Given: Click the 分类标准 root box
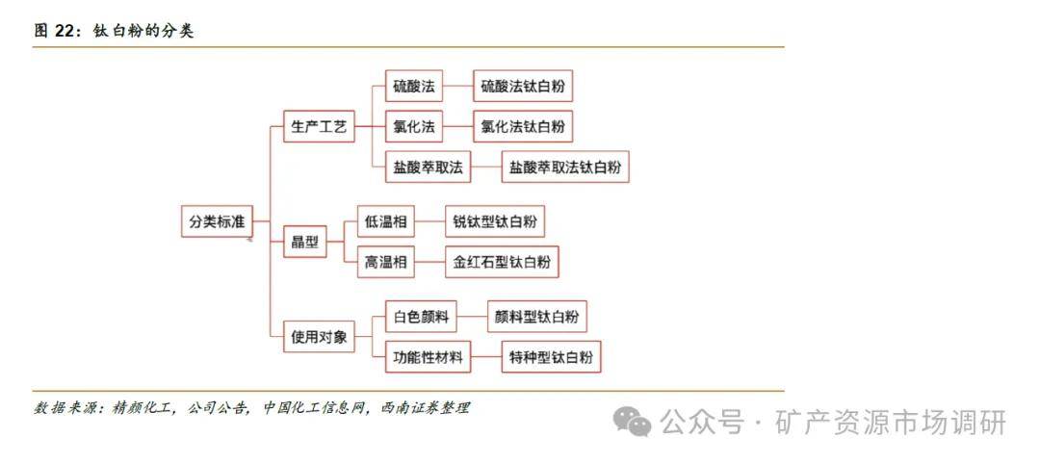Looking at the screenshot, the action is pyautogui.click(x=217, y=221).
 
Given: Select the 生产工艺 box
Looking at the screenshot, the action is pyautogui.click(x=319, y=127).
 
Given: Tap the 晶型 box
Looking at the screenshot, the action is pyautogui.click(x=305, y=242).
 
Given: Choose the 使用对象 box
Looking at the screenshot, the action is pyautogui.click(x=319, y=337).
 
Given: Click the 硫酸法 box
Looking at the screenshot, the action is pyautogui.click(x=414, y=87).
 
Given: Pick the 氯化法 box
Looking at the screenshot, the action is pyautogui.click(x=414, y=127).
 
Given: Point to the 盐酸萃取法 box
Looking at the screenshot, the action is pyautogui.click(x=428, y=168).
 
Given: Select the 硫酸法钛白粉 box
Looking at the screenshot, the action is pyautogui.click(x=523, y=87).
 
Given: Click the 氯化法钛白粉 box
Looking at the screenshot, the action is pyautogui.click(x=523, y=127).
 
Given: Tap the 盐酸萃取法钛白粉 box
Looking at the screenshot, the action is pyautogui.click(x=565, y=168).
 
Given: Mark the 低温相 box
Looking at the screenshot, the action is pyautogui.click(x=386, y=221).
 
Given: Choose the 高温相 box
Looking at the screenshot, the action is pyautogui.click(x=386, y=262).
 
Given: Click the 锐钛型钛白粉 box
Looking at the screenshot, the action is pyautogui.click(x=495, y=221).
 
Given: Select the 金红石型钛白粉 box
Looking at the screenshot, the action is pyautogui.click(x=502, y=262).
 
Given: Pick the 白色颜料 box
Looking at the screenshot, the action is pyautogui.click(x=421, y=316).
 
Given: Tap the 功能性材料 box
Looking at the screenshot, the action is pyautogui.click(x=428, y=356).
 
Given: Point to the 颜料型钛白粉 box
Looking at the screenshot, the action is pyautogui.click(x=537, y=316).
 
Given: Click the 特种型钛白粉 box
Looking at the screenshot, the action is pyautogui.click(x=551, y=356).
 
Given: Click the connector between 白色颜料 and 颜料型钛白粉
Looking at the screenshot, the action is pyautogui.click(x=472, y=316).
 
